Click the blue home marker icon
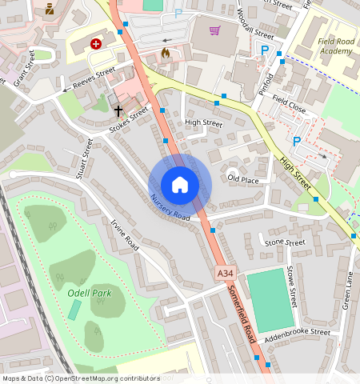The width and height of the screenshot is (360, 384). click(x=180, y=184)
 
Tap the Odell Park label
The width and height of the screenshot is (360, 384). click(x=90, y=294)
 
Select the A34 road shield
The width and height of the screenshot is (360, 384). click(x=226, y=274)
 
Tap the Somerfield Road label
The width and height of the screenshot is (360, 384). click(x=243, y=314)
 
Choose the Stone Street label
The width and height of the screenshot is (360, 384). click(x=285, y=242)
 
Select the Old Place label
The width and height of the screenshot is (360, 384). click(x=243, y=180)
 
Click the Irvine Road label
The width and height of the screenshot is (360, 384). click(x=125, y=235)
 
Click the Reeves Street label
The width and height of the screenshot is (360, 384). click(x=94, y=78)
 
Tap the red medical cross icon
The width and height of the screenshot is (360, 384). click(x=97, y=44)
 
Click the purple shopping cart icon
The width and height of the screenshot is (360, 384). click(x=214, y=31)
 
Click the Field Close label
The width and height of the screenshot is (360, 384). click(x=288, y=102)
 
